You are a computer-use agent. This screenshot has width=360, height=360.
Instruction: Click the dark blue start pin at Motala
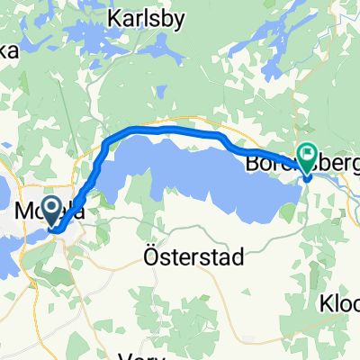(x=53, y=210)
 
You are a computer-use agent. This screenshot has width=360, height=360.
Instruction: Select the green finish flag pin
(x=308, y=158)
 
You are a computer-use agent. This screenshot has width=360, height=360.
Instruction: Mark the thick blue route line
(x=162, y=130)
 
